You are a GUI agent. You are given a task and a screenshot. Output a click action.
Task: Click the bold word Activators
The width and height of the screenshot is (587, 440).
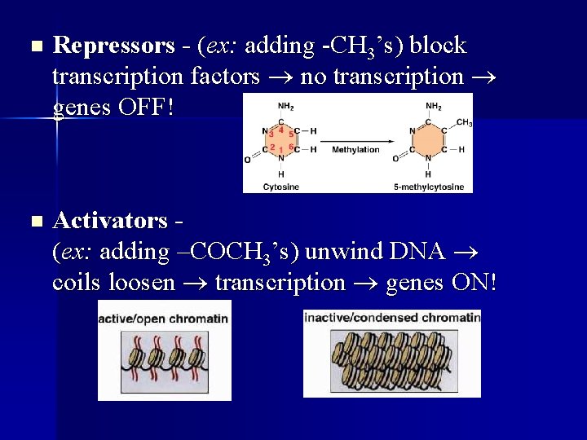[x=109, y=221]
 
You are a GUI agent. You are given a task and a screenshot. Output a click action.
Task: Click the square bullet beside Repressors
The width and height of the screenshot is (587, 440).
[x=33, y=46]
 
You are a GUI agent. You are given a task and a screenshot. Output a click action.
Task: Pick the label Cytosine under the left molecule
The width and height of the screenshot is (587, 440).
[x=280, y=187]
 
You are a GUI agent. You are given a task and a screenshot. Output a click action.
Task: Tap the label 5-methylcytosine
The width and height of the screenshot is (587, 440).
[x=429, y=187]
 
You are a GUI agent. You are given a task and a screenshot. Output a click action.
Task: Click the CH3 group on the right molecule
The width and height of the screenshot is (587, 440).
[x=464, y=123]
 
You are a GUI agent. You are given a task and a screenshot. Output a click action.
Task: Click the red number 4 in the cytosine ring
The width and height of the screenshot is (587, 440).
[x=280, y=129]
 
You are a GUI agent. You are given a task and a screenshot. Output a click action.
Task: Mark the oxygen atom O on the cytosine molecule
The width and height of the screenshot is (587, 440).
[x=248, y=161]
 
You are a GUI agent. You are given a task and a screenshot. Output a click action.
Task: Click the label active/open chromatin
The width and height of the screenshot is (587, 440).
[x=164, y=318]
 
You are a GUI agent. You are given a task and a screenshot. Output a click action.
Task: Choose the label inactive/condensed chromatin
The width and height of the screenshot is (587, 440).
[x=392, y=316]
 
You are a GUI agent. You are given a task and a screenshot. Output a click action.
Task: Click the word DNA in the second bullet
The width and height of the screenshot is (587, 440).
[x=417, y=252]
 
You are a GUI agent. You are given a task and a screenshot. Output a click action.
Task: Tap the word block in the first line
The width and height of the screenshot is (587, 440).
[x=438, y=46]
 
